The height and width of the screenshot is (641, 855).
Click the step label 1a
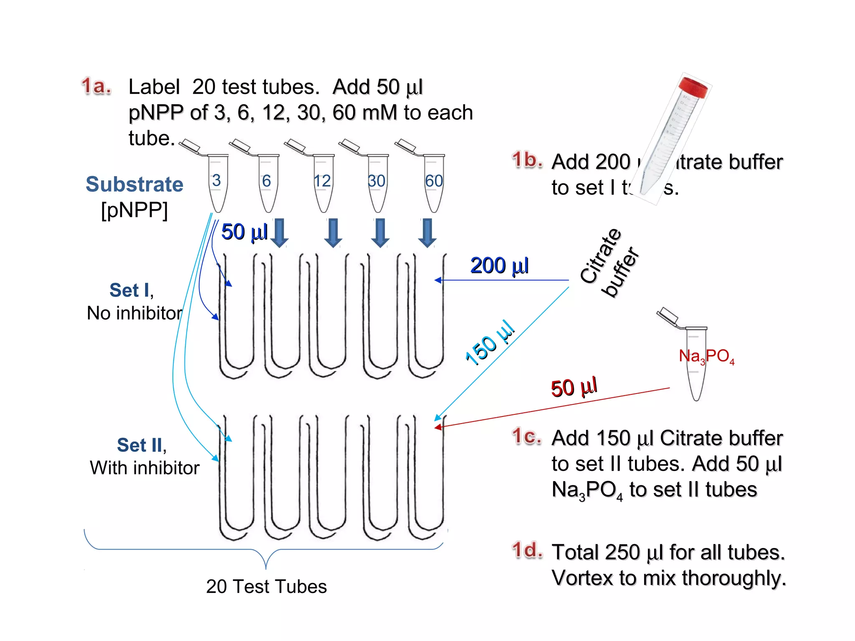click(96, 86)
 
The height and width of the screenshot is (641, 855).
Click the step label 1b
click(527, 160)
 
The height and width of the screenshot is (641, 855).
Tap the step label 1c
click(526, 437)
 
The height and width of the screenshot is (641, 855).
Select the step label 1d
click(527, 550)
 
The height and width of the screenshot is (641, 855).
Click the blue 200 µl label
click(499, 266)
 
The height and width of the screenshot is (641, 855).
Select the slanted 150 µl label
click(490, 343)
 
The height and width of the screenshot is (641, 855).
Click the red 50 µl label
click(574, 388)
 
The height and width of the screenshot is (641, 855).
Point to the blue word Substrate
click(134, 184)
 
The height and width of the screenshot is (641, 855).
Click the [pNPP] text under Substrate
click(134, 210)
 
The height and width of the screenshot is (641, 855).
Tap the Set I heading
click(131, 290)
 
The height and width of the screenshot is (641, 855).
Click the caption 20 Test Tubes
click(266, 587)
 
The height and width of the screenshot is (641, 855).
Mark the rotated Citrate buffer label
click(609, 263)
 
